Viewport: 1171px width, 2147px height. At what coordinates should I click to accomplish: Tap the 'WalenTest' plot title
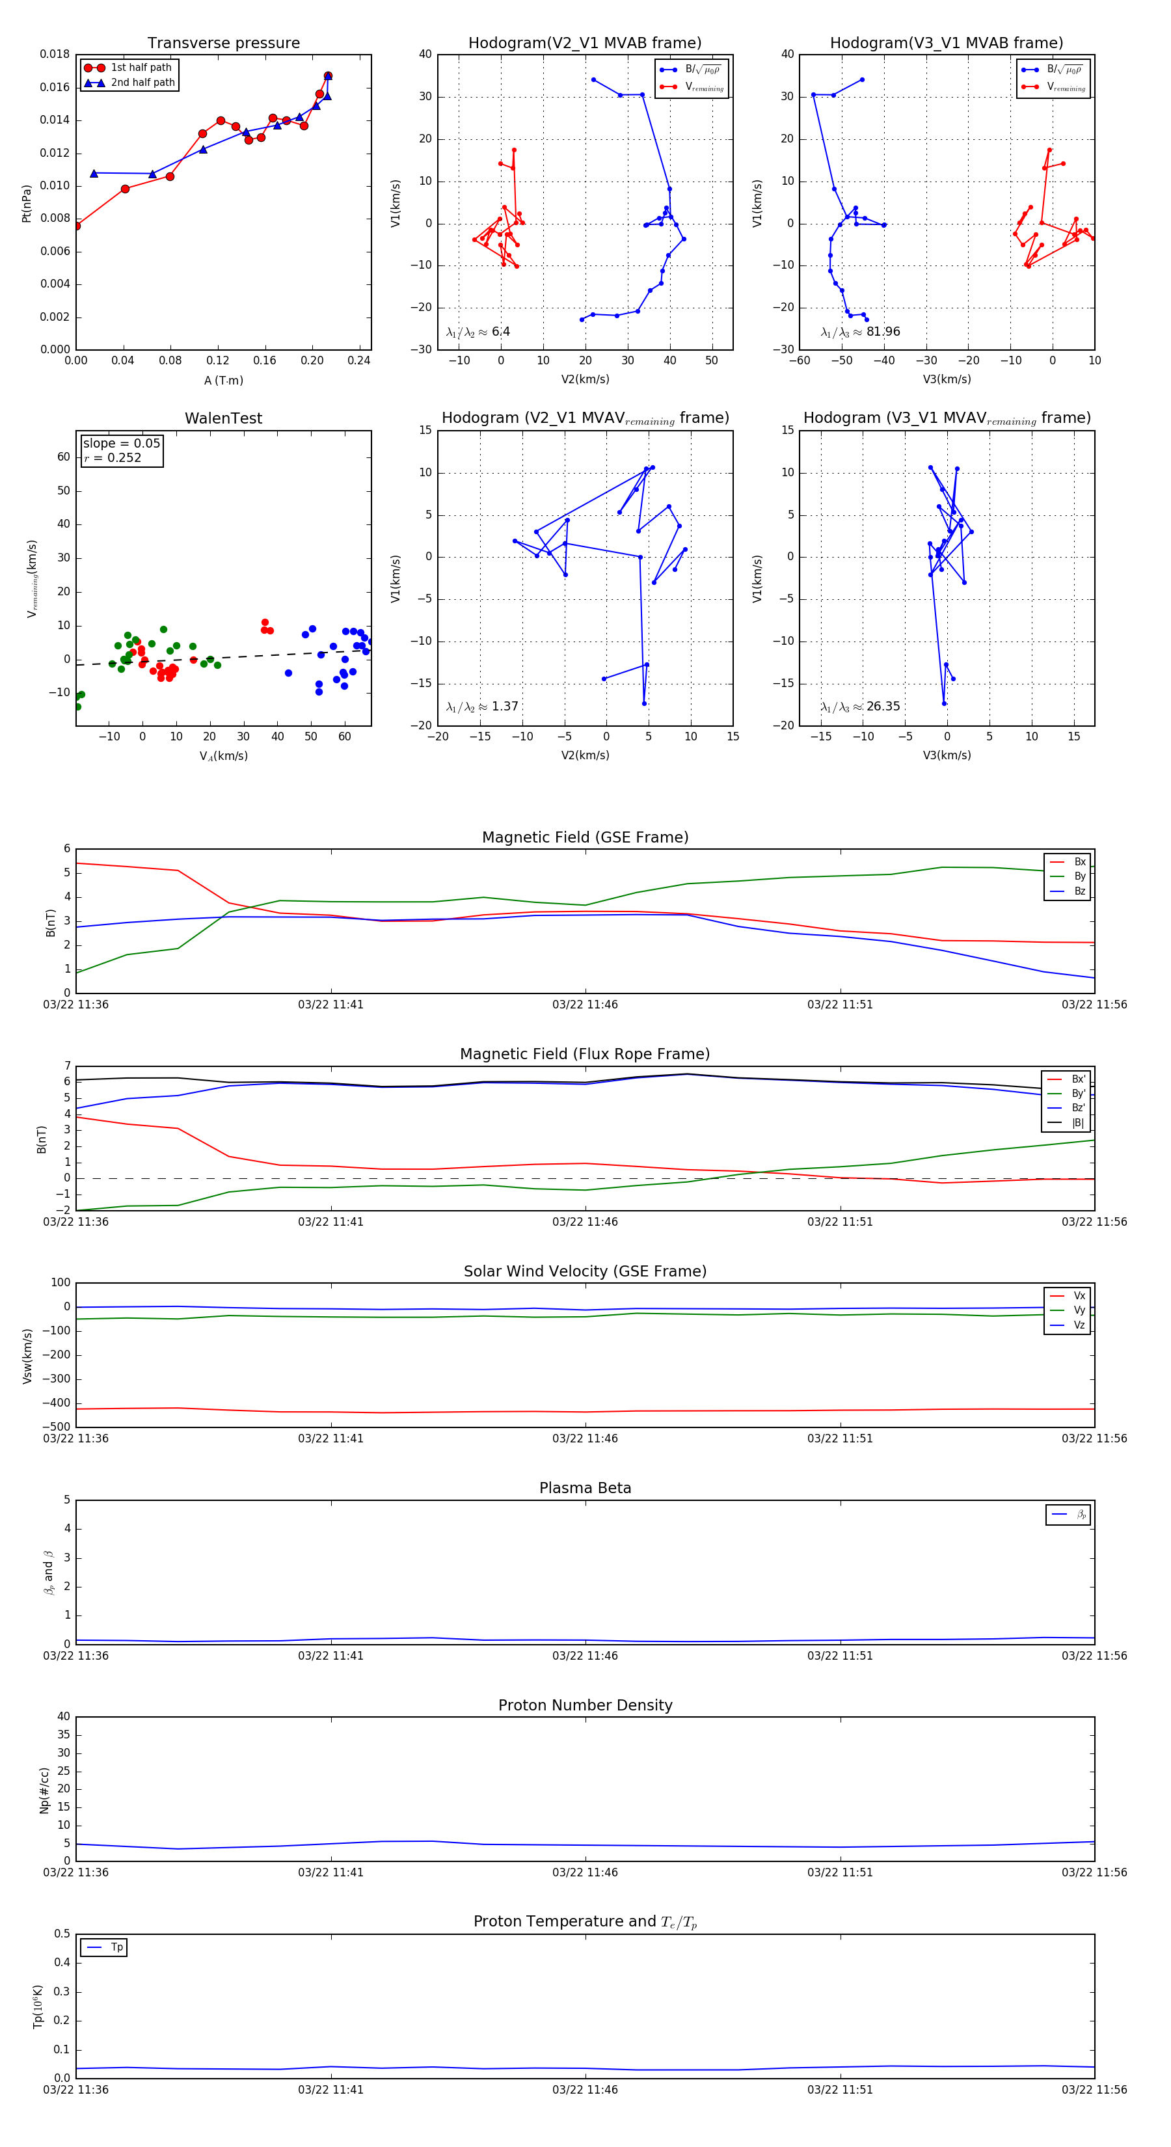tap(223, 418)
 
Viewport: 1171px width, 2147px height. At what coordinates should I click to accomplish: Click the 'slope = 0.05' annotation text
tap(122, 444)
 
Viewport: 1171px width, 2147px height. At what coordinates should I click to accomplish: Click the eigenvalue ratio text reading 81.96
tap(861, 332)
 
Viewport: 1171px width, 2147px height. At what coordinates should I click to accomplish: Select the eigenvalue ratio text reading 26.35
tap(861, 707)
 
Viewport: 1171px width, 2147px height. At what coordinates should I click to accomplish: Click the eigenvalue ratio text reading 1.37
tap(483, 707)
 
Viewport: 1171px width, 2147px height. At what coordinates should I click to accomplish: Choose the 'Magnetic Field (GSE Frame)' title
tap(585, 837)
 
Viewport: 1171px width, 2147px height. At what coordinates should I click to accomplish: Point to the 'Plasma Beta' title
tap(585, 1489)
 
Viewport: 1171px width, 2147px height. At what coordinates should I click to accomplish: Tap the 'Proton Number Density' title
tap(585, 1705)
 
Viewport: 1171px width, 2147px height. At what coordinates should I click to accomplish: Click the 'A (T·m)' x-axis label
tap(223, 381)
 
